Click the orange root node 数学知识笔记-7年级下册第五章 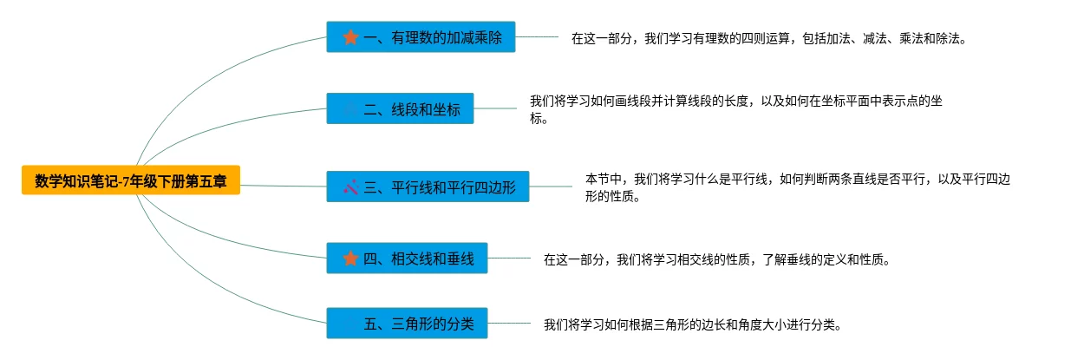(131, 181)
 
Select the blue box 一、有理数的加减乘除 (421, 37)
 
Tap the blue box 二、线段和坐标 (400, 109)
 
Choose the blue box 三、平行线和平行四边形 (427, 187)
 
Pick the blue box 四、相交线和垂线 (407, 259)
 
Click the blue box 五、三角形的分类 (407, 324)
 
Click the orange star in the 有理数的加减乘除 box (350, 37)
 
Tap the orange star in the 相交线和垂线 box (350, 259)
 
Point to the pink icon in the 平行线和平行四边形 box (350, 187)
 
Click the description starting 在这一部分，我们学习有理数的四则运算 (768, 39)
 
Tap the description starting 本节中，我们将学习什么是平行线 (798, 187)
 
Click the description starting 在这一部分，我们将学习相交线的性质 (716, 259)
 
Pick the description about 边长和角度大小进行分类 (693, 325)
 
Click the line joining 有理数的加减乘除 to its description (537, 37)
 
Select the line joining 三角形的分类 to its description (509, 324)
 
